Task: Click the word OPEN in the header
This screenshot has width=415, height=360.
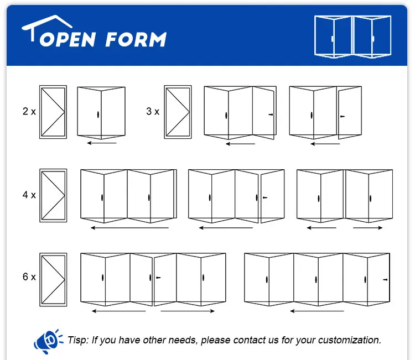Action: [x=65, y=39]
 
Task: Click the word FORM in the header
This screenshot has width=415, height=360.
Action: [x=136, y=39]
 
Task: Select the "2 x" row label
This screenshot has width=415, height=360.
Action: [x=29, y=111]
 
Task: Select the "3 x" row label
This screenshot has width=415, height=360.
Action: [x=153, y=111]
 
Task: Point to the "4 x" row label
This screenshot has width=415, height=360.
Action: [x=29, y=195]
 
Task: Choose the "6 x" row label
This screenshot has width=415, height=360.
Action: [x=29, y=276]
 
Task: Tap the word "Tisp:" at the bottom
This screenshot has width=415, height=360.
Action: [x=79, y=340]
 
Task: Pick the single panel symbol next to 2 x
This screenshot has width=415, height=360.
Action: [x=53, y=112]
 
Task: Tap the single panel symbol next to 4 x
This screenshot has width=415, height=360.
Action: [x=53, y=195]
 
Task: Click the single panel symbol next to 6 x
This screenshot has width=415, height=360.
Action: [x=53, y=279]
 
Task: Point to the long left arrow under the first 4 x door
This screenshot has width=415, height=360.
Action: [x=130, y=227]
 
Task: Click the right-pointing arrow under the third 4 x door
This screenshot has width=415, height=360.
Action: [x=368, y=227]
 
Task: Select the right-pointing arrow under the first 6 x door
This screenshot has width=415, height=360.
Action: [x=188, y=311]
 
